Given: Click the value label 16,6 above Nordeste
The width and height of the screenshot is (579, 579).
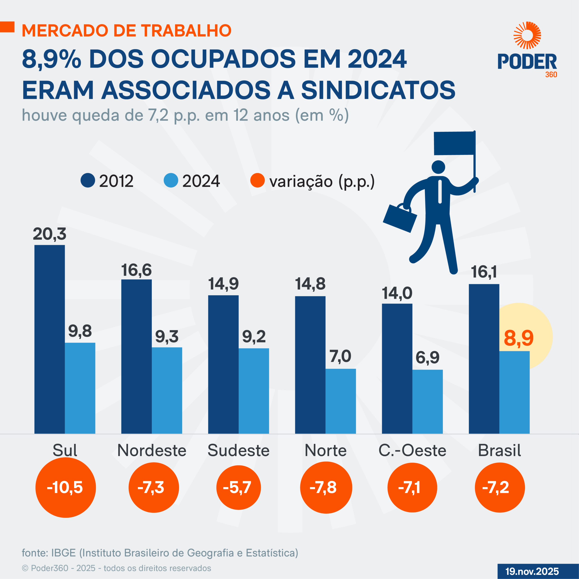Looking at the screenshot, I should tap(136, 270).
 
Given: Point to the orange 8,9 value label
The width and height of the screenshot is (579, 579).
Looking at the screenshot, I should tap(518, 338).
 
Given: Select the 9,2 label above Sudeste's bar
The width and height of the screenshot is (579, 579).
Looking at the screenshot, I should tap(254, 337).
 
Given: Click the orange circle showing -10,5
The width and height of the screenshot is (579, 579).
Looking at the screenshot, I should tap(65, 487).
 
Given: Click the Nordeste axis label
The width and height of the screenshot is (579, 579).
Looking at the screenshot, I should tap(152, 451).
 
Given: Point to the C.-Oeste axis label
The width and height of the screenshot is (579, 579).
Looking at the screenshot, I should tap(412, 451).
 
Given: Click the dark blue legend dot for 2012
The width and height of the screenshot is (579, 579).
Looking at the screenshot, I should tap(88, 180).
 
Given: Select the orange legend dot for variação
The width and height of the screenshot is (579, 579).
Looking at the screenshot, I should tap(257, 180).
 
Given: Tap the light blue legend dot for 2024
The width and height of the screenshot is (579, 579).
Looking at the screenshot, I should tap(171, 180).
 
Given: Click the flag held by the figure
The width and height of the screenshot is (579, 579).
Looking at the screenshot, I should tap(454, 143).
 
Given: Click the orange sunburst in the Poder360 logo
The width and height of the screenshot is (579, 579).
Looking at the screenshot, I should tap(527, 35).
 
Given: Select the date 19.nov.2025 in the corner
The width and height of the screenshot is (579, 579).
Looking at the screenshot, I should tap(532, 571).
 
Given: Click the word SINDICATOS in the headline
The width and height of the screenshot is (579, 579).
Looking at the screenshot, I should tap(378, 90).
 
